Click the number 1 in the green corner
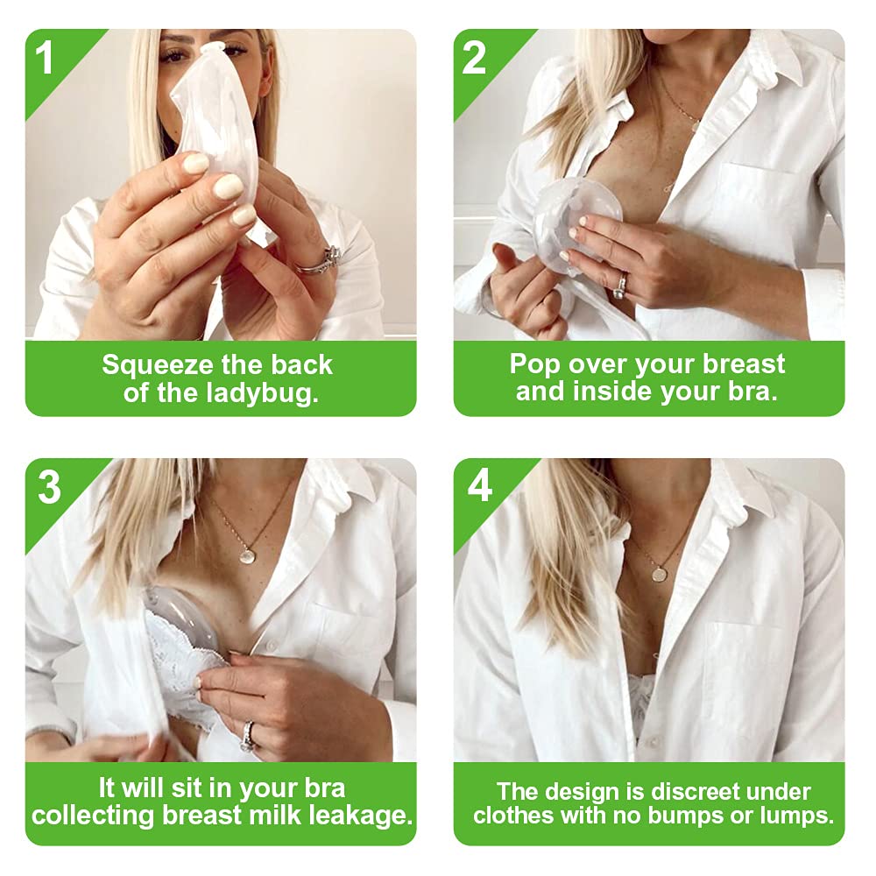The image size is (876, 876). pyautogui.click(x=44, y=57)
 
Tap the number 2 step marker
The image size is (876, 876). pyautogui.click(x=474, y=57)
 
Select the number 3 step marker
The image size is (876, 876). pyautogui.click(x=50, y=486)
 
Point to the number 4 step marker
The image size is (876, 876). pyautogui.click(x=480, y=485)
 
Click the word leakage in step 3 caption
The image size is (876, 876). pyautogui.click(x=360, y=816)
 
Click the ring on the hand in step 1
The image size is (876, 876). pyautogui.click(x=320, y=261)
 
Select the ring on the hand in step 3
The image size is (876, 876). pyautogui.click(x=248, y=737)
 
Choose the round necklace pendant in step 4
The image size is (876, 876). pyautogui.click(x=661, y=574)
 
